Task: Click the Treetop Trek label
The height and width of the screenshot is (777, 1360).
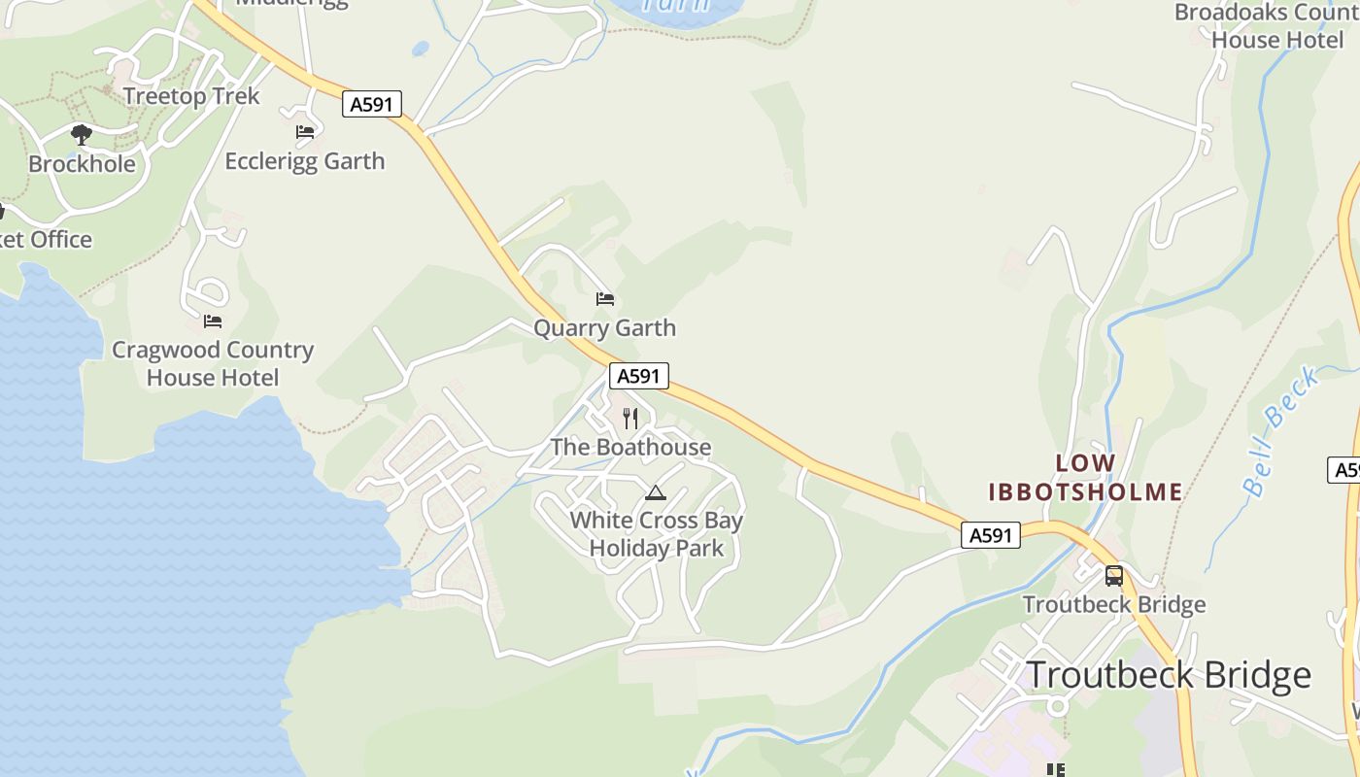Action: [x=191, y=96]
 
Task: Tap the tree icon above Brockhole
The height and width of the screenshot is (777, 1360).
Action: [x=82, y=135]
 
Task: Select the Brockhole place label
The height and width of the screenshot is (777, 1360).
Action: [x=82, y=163]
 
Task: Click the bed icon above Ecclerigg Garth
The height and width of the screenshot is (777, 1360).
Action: [x=305, y=132]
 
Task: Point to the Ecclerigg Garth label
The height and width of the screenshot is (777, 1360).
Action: [x=305, y=161]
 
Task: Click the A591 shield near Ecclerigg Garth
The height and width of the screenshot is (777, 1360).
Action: [x=372, y=104]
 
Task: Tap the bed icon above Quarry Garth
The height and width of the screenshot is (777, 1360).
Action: [x=605, y=299]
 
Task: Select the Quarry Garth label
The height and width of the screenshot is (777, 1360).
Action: [x=604, y=328]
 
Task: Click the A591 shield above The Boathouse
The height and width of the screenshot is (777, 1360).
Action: [x=639, y=376]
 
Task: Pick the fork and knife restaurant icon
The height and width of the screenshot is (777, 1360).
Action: [x=630, y=419]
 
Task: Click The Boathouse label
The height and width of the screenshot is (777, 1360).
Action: [x=630, y=448]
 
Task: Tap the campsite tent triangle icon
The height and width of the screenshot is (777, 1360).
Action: [x=656, y=493]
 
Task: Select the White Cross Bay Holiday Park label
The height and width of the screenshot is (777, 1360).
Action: [x=657, y=534]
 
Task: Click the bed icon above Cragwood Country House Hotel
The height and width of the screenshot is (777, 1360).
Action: [x=213, y=321]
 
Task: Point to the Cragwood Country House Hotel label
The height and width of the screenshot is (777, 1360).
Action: [x=213, y=364]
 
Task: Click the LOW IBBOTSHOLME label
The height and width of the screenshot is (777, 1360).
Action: [x=1085, y=478]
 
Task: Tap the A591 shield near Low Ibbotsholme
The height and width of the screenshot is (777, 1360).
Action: [x=991, y=535]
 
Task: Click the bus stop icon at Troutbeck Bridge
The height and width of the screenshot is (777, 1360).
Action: [x=1114, y=576]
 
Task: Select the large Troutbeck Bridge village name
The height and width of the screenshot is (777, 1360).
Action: [x=1169, y=674]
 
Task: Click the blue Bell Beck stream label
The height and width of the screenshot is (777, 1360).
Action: [x=1282, y=432]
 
